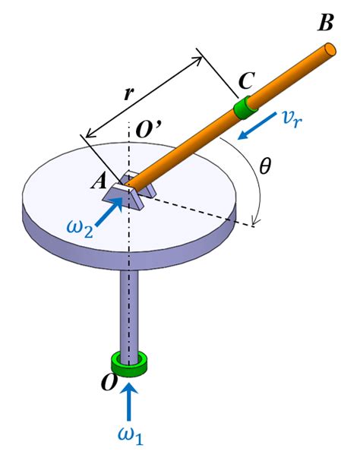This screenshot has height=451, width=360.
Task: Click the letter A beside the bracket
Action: coord(99,179)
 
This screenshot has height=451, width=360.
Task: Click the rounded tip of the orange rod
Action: coord(329,49)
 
